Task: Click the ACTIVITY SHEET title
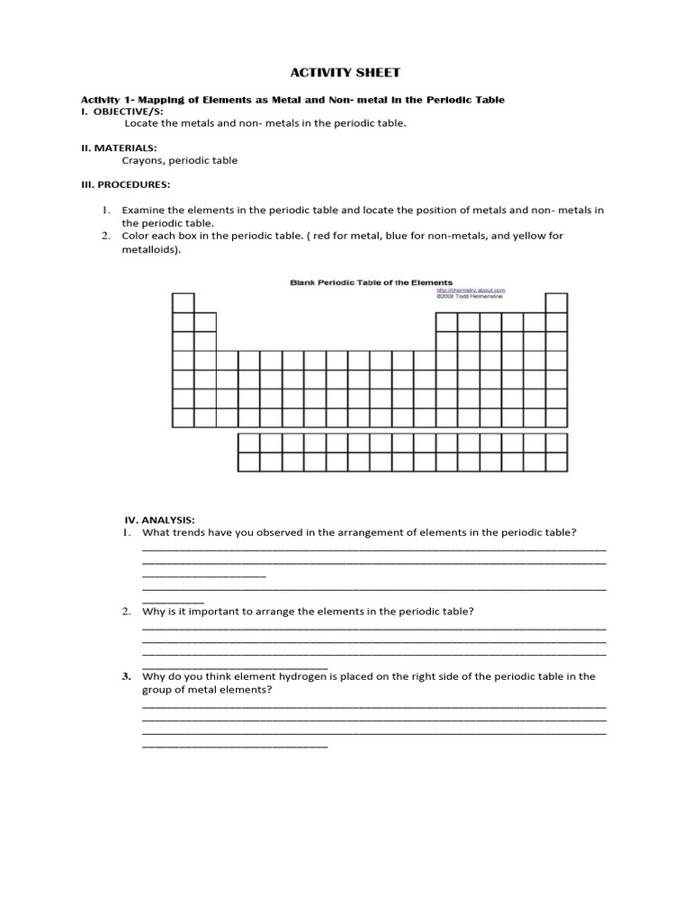coord(345,72)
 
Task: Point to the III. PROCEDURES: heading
coord(126,183)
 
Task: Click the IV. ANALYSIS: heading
coord(159,520)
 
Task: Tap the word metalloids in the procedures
coord(149,249)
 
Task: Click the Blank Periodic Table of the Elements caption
coord(371,282)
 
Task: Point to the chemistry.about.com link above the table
coord(471,291)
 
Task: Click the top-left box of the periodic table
coord(183,302)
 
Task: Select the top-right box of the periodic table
coord(556,302)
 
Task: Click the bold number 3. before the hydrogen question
coord(128,676)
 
